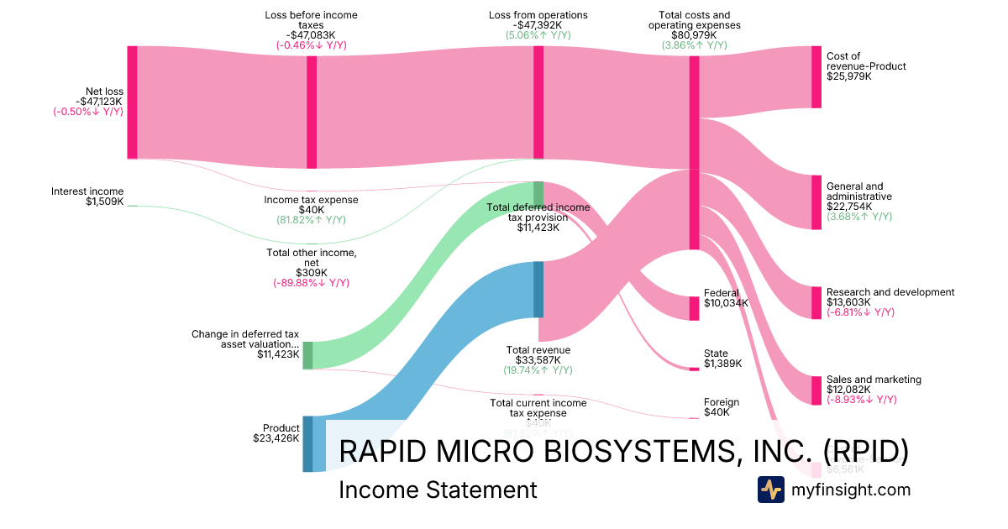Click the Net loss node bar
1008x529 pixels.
point(132,102)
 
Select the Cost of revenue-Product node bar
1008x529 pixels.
point(816,77)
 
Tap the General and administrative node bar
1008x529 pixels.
point(816,202)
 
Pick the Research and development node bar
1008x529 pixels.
point(816,302)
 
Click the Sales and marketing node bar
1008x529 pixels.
point(816,390)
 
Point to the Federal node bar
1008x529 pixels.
point(694,308)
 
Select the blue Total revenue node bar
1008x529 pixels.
point(538,289)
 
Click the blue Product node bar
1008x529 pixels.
point(307,443)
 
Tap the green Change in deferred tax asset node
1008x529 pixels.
point(307,355)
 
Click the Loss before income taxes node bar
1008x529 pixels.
point(312,107)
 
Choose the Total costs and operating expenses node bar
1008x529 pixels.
point(694,153)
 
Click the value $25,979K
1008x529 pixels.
point(849,76)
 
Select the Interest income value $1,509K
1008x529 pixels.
point(104,202)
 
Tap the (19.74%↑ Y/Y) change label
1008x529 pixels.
point(538,370)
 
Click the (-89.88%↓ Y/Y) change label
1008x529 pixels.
point(311,283)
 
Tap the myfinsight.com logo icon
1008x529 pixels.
point(770,490)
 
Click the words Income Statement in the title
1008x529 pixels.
point(437,490)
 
